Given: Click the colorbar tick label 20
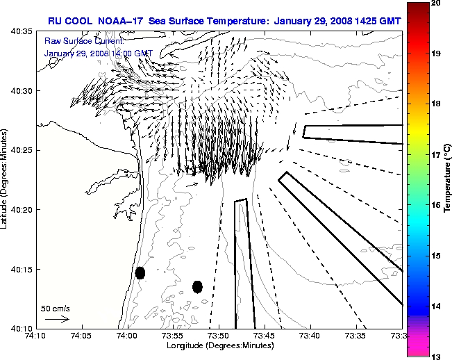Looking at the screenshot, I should point(438,3).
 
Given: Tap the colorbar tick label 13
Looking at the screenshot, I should point(438,356).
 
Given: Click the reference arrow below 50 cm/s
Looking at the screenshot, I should point(57,319).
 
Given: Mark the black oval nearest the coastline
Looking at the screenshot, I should point(140,272).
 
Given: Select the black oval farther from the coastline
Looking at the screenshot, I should point(197,286).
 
